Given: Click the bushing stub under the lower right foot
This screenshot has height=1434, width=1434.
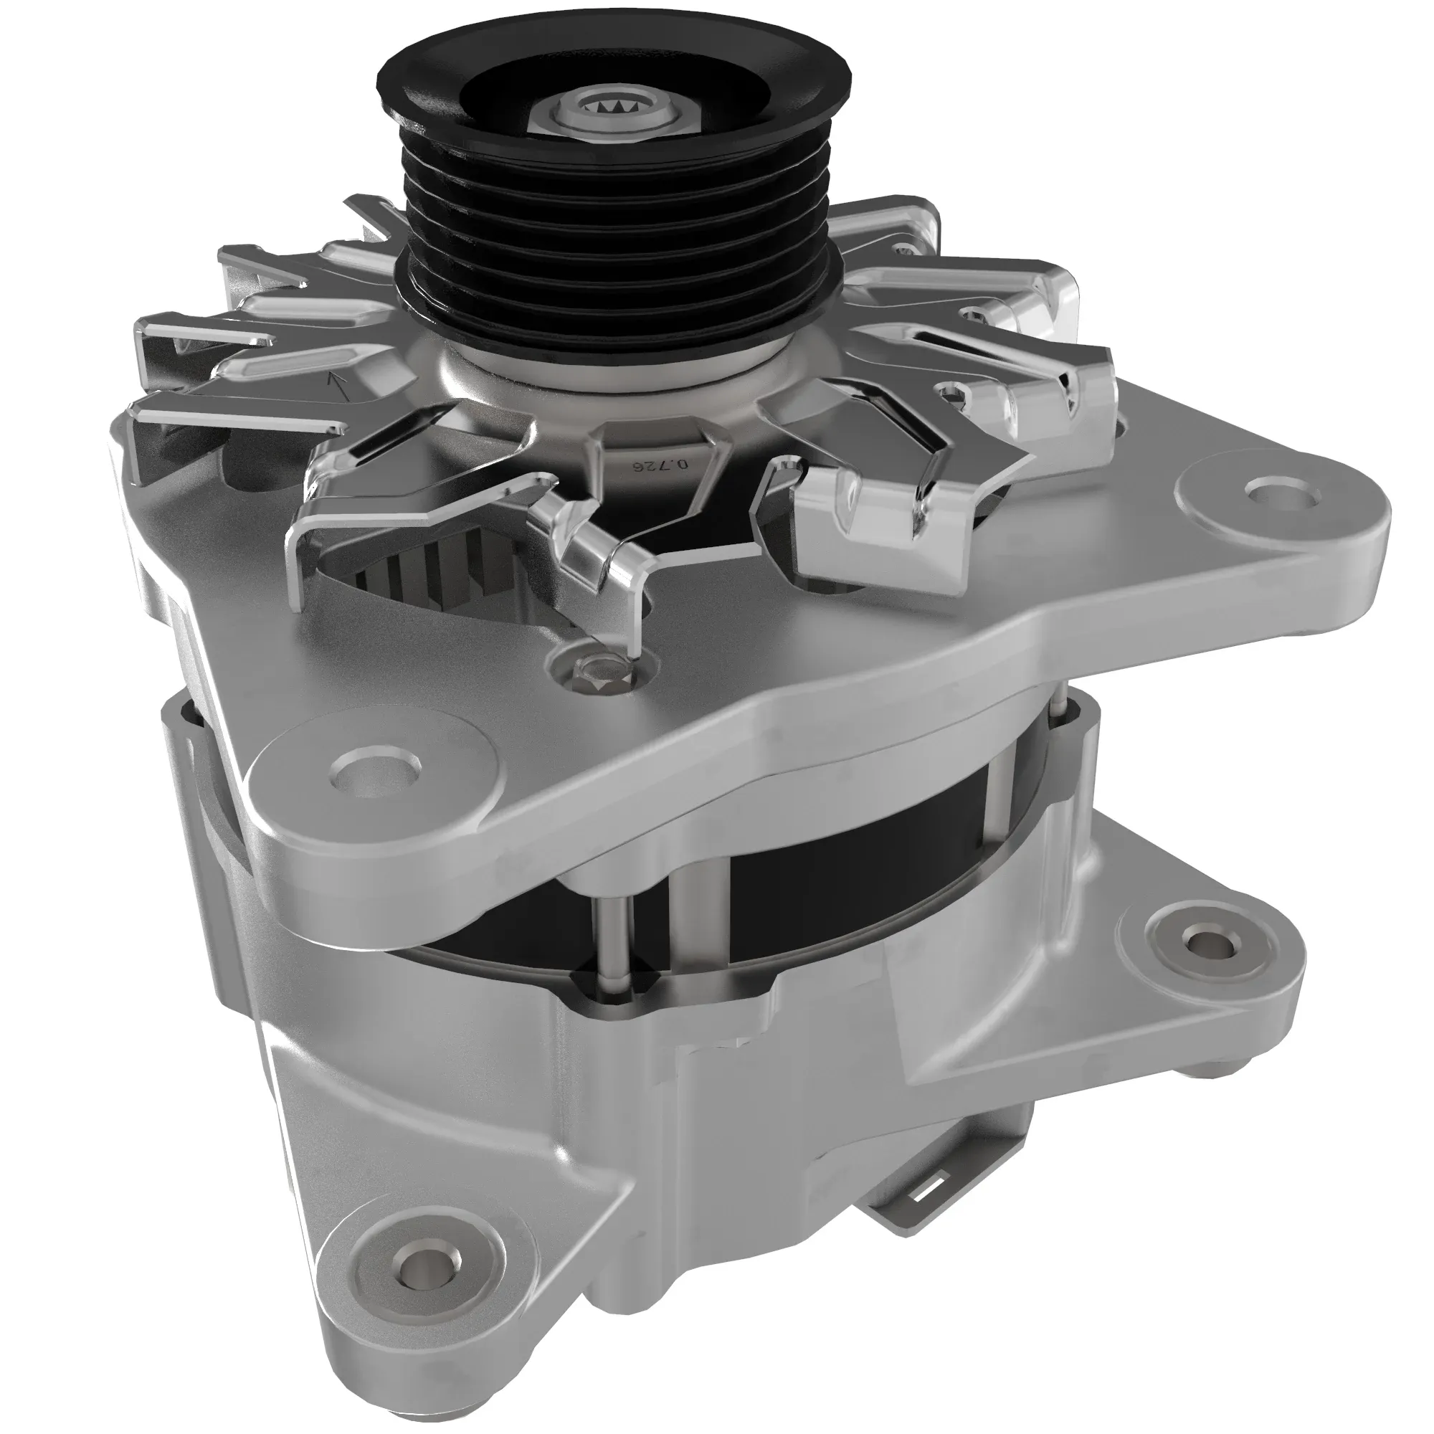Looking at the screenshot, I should click(1217, 1069).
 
